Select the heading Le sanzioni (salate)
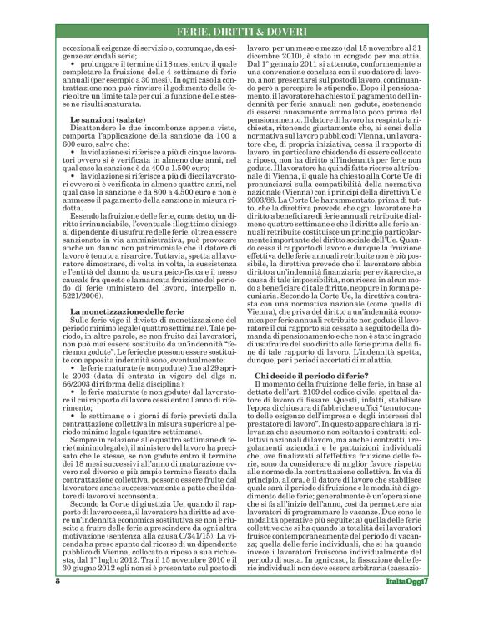click(113, 120)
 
